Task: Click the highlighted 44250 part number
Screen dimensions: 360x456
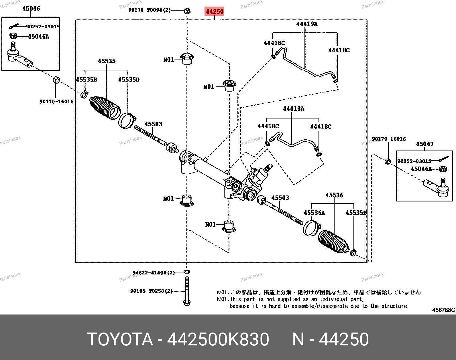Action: pyautogui.click(x=215, y=11)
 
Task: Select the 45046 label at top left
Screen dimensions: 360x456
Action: pyautogui.click(x=31, y=9)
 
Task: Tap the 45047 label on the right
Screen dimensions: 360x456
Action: pyautogui.click(x=424, y=144)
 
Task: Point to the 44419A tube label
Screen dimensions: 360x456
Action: pyautogui.click(x=307, y=24)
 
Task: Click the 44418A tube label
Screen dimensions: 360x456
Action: pyautogui.click(x=293, y=108)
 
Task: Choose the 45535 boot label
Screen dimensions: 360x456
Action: pyautogui.click(x=107, y=61)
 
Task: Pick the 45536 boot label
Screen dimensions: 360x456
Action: pyautogui.click(x=334, y=195)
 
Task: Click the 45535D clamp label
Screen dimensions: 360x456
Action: pyautogui.click(x=129, y=80)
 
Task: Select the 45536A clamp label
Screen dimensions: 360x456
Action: pyautogui.click(x=314, y=213)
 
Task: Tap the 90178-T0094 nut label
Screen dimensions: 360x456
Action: pyautogui.click(x=149, y=10)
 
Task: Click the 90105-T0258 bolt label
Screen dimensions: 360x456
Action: pyautogui.click(x=151, y=291)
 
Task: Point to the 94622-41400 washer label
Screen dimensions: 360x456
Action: pyautogui.click(x=154, y=273)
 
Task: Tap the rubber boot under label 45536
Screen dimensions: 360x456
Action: pyautogui.click(x=333, y=242)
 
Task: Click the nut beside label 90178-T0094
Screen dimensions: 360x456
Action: pyautogui.click(x=187, y=11)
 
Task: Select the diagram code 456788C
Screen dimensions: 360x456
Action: pyautogui.click(x=443, y=310)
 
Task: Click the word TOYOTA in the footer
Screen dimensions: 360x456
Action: pyautogui.click(x=120, y=339)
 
